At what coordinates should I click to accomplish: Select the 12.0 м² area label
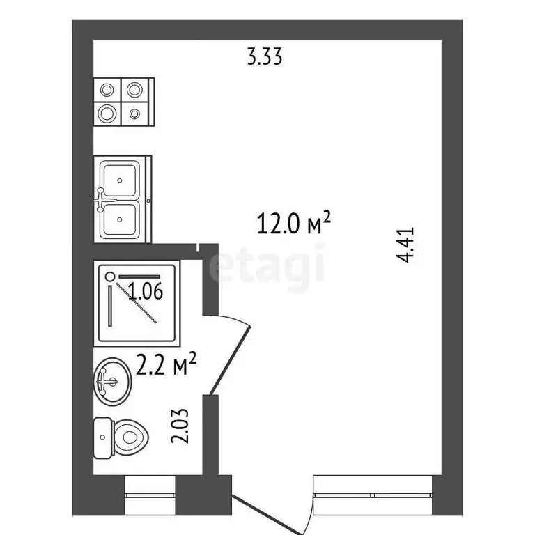coord(293,224)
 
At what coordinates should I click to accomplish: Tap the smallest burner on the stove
coord(135,113)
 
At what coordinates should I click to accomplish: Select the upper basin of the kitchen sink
coord(121,179)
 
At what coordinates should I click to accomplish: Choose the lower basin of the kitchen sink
coord(121,219)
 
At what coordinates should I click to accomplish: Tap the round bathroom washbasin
coord(112,380)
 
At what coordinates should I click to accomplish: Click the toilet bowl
coord(130,437)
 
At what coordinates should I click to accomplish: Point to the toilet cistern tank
coord(103,437)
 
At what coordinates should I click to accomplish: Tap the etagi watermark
coord(267,267)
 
